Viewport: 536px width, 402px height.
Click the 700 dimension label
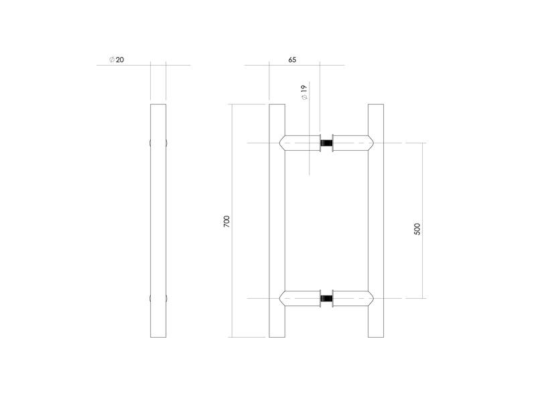226,222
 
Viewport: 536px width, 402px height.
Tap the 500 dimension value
417,228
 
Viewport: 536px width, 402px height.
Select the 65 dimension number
292,60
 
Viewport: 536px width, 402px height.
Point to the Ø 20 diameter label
117,60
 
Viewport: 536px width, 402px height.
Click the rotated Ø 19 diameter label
304,92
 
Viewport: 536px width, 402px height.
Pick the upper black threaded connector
326,143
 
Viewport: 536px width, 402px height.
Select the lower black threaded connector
326,298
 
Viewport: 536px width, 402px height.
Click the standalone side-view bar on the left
158,221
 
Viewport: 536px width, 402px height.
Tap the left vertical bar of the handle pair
277,221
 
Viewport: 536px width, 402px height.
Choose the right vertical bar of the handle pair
376,221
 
